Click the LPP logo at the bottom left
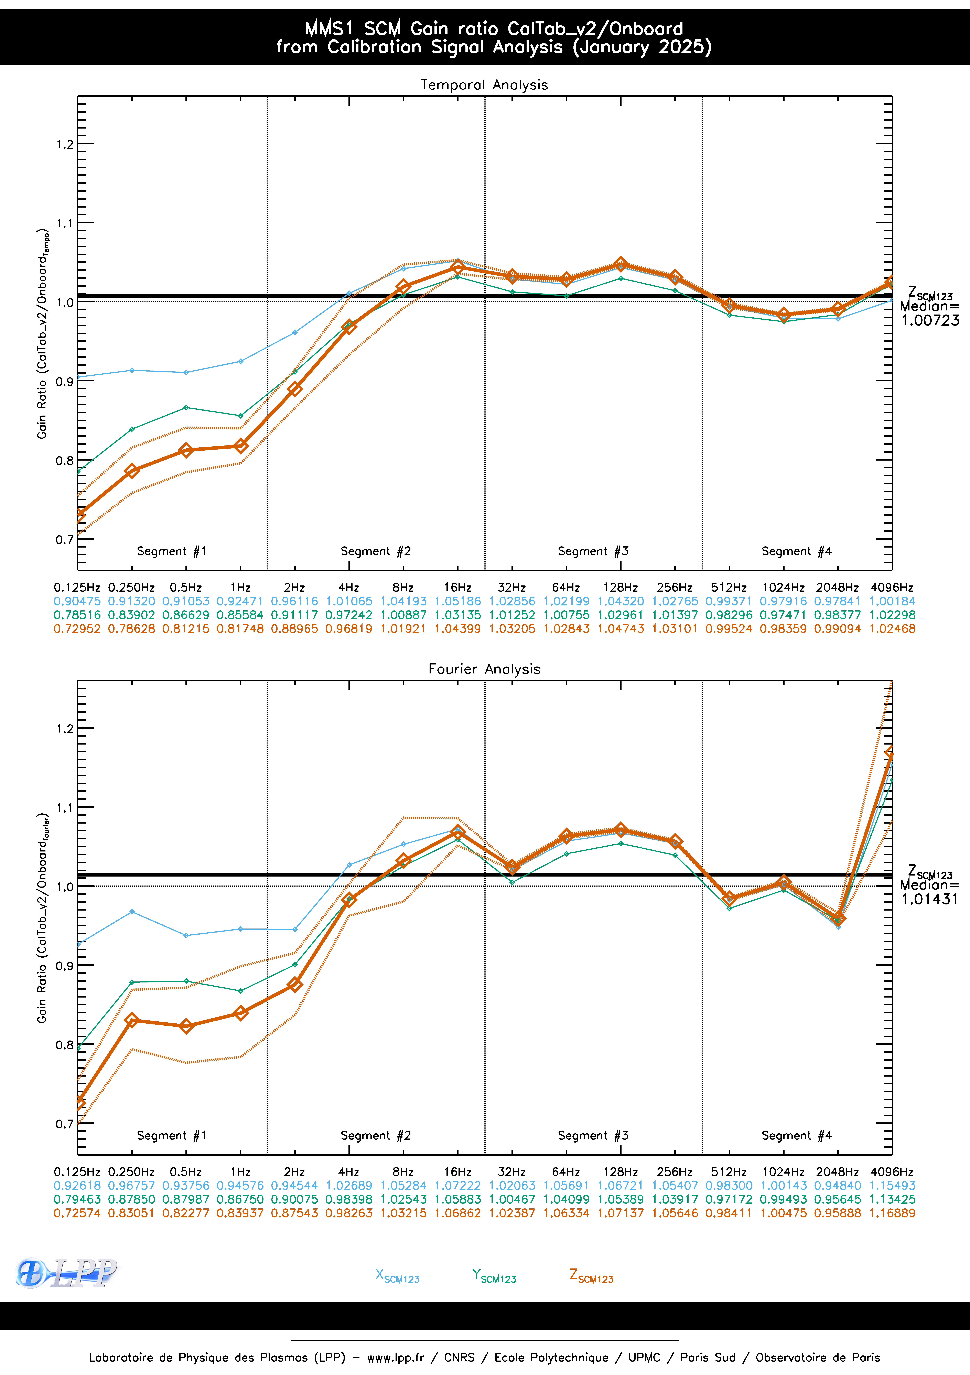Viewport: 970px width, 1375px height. (66, 1273)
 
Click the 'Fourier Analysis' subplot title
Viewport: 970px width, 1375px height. (484, 669)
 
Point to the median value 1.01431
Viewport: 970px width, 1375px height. (930, 899)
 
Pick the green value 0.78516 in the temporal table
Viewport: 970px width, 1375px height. (77, 615)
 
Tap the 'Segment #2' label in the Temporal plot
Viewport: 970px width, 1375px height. (376, 551)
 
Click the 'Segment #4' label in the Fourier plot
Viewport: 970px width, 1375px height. (796, 1135)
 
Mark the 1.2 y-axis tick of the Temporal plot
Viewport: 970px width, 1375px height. (65, 144)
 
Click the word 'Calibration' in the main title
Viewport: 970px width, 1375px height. (374, 47)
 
